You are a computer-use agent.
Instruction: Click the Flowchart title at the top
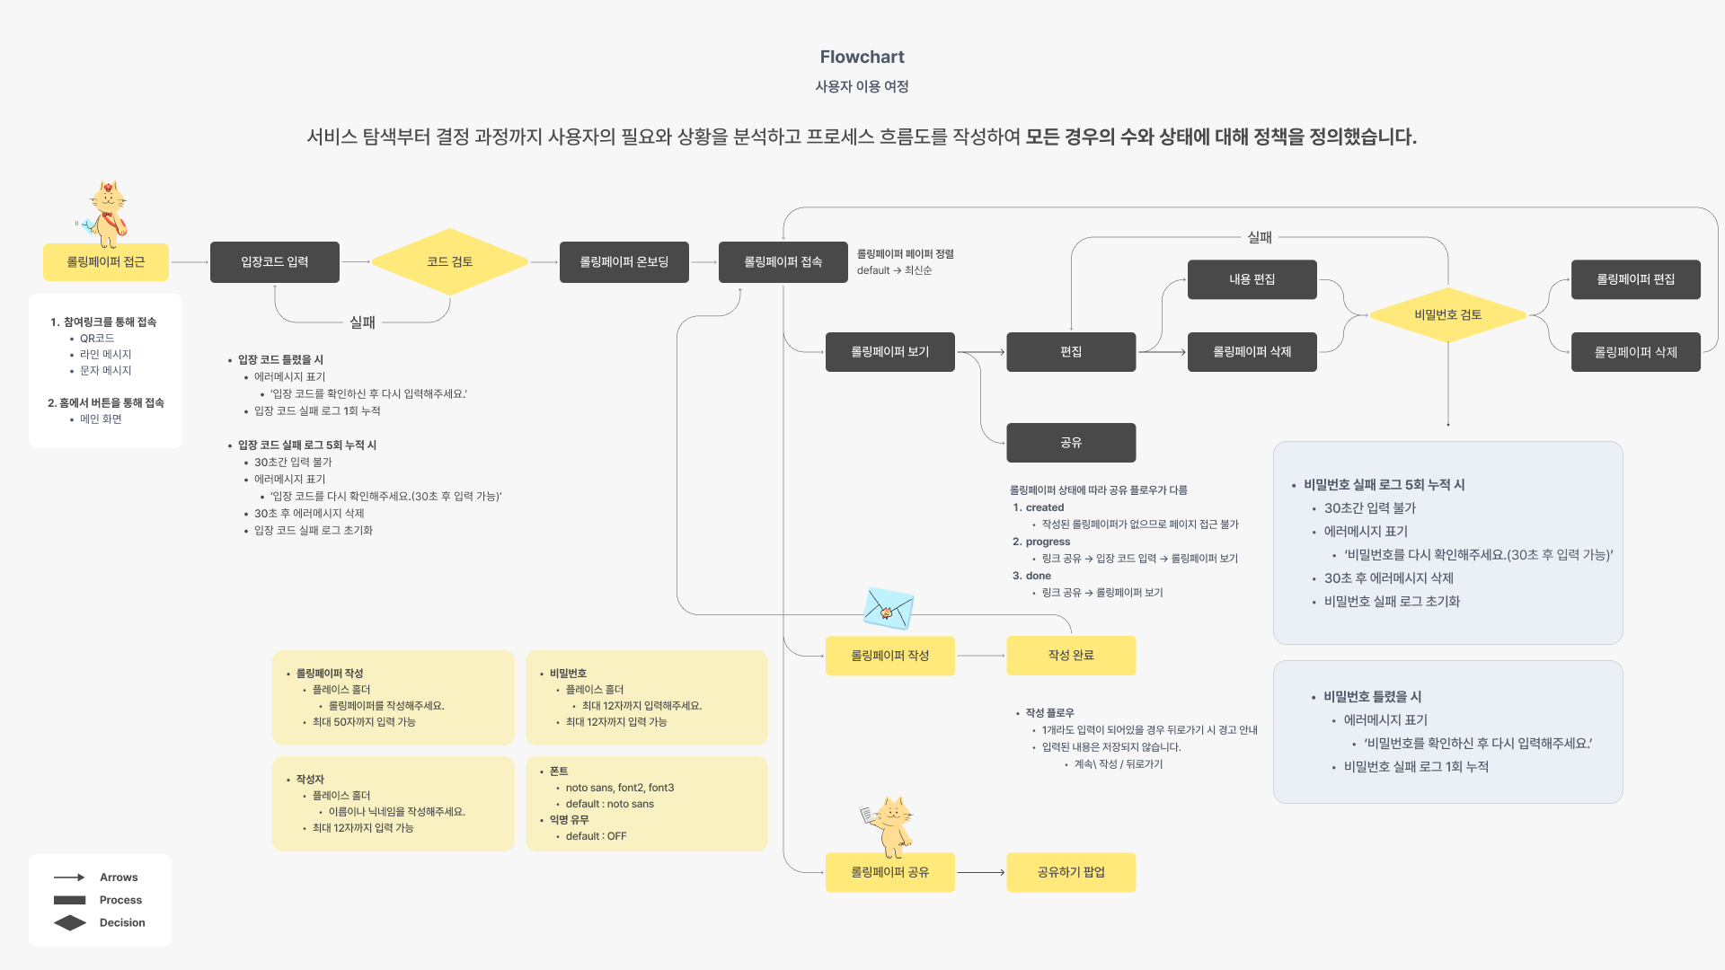click(x=862, y=57)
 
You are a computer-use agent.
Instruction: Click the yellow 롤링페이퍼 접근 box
click(x=106, y=261)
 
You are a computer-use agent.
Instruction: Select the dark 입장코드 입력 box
click(x=275, y=261)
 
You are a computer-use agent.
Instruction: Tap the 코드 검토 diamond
click(x=449, y=261)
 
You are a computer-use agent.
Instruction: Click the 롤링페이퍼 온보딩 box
click(x=624, y=261)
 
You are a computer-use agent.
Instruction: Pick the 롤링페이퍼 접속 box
click(x=783, y=261)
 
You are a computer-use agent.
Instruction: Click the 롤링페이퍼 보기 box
click(x=889, y=351)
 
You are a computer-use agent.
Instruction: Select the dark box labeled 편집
click(x=1071, y=351)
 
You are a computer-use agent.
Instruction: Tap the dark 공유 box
click(x=1071, y=442)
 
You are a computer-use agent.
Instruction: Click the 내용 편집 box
click(x=1252, y=279)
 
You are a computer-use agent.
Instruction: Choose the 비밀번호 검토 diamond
click(x=1447, y=314)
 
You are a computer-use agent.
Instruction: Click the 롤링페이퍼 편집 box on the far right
click(x=1635, y=279)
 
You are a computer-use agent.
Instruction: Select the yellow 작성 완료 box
click(x=1071, y=655)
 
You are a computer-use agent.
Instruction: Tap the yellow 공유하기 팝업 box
click(x=1071, y=871)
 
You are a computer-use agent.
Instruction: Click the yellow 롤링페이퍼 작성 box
click(x=889, y=655)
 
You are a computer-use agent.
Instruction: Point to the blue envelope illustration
click(x=888, y=608)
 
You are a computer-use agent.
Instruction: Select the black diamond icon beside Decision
click(x=70, y=922)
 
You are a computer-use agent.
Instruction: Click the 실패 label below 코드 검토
click(x=362, y=322)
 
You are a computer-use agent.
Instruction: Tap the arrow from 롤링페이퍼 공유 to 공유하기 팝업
click(x=980, y=872)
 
